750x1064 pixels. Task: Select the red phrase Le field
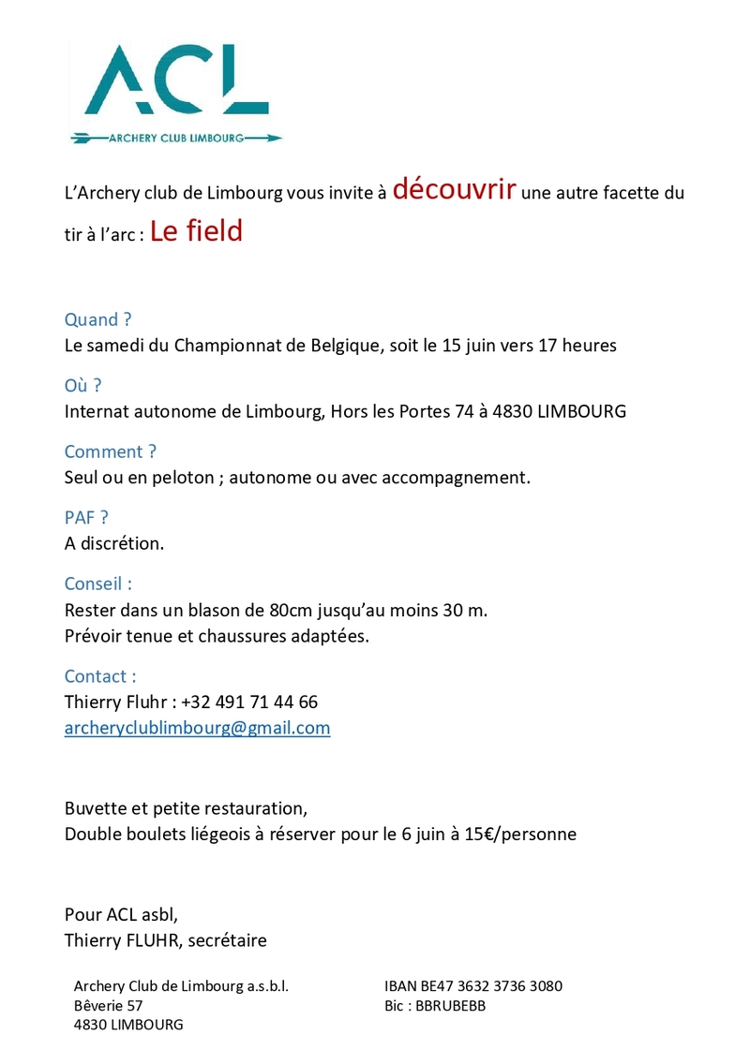coord(196,231)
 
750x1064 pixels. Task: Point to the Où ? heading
coord(82,385)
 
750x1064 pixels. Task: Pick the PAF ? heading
coord(86,517)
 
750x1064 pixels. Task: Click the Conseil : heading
coord(97,584)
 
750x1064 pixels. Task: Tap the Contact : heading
coord(100,676)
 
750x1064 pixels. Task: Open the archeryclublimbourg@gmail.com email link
coord(197,728)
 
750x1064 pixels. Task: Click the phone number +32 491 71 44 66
coord(248,702)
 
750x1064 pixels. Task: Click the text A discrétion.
coord(114,543)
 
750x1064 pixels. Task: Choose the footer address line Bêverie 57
coord(108,1006)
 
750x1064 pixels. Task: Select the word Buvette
coord(95,806)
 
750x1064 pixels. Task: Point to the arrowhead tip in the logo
coord(279,139)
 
